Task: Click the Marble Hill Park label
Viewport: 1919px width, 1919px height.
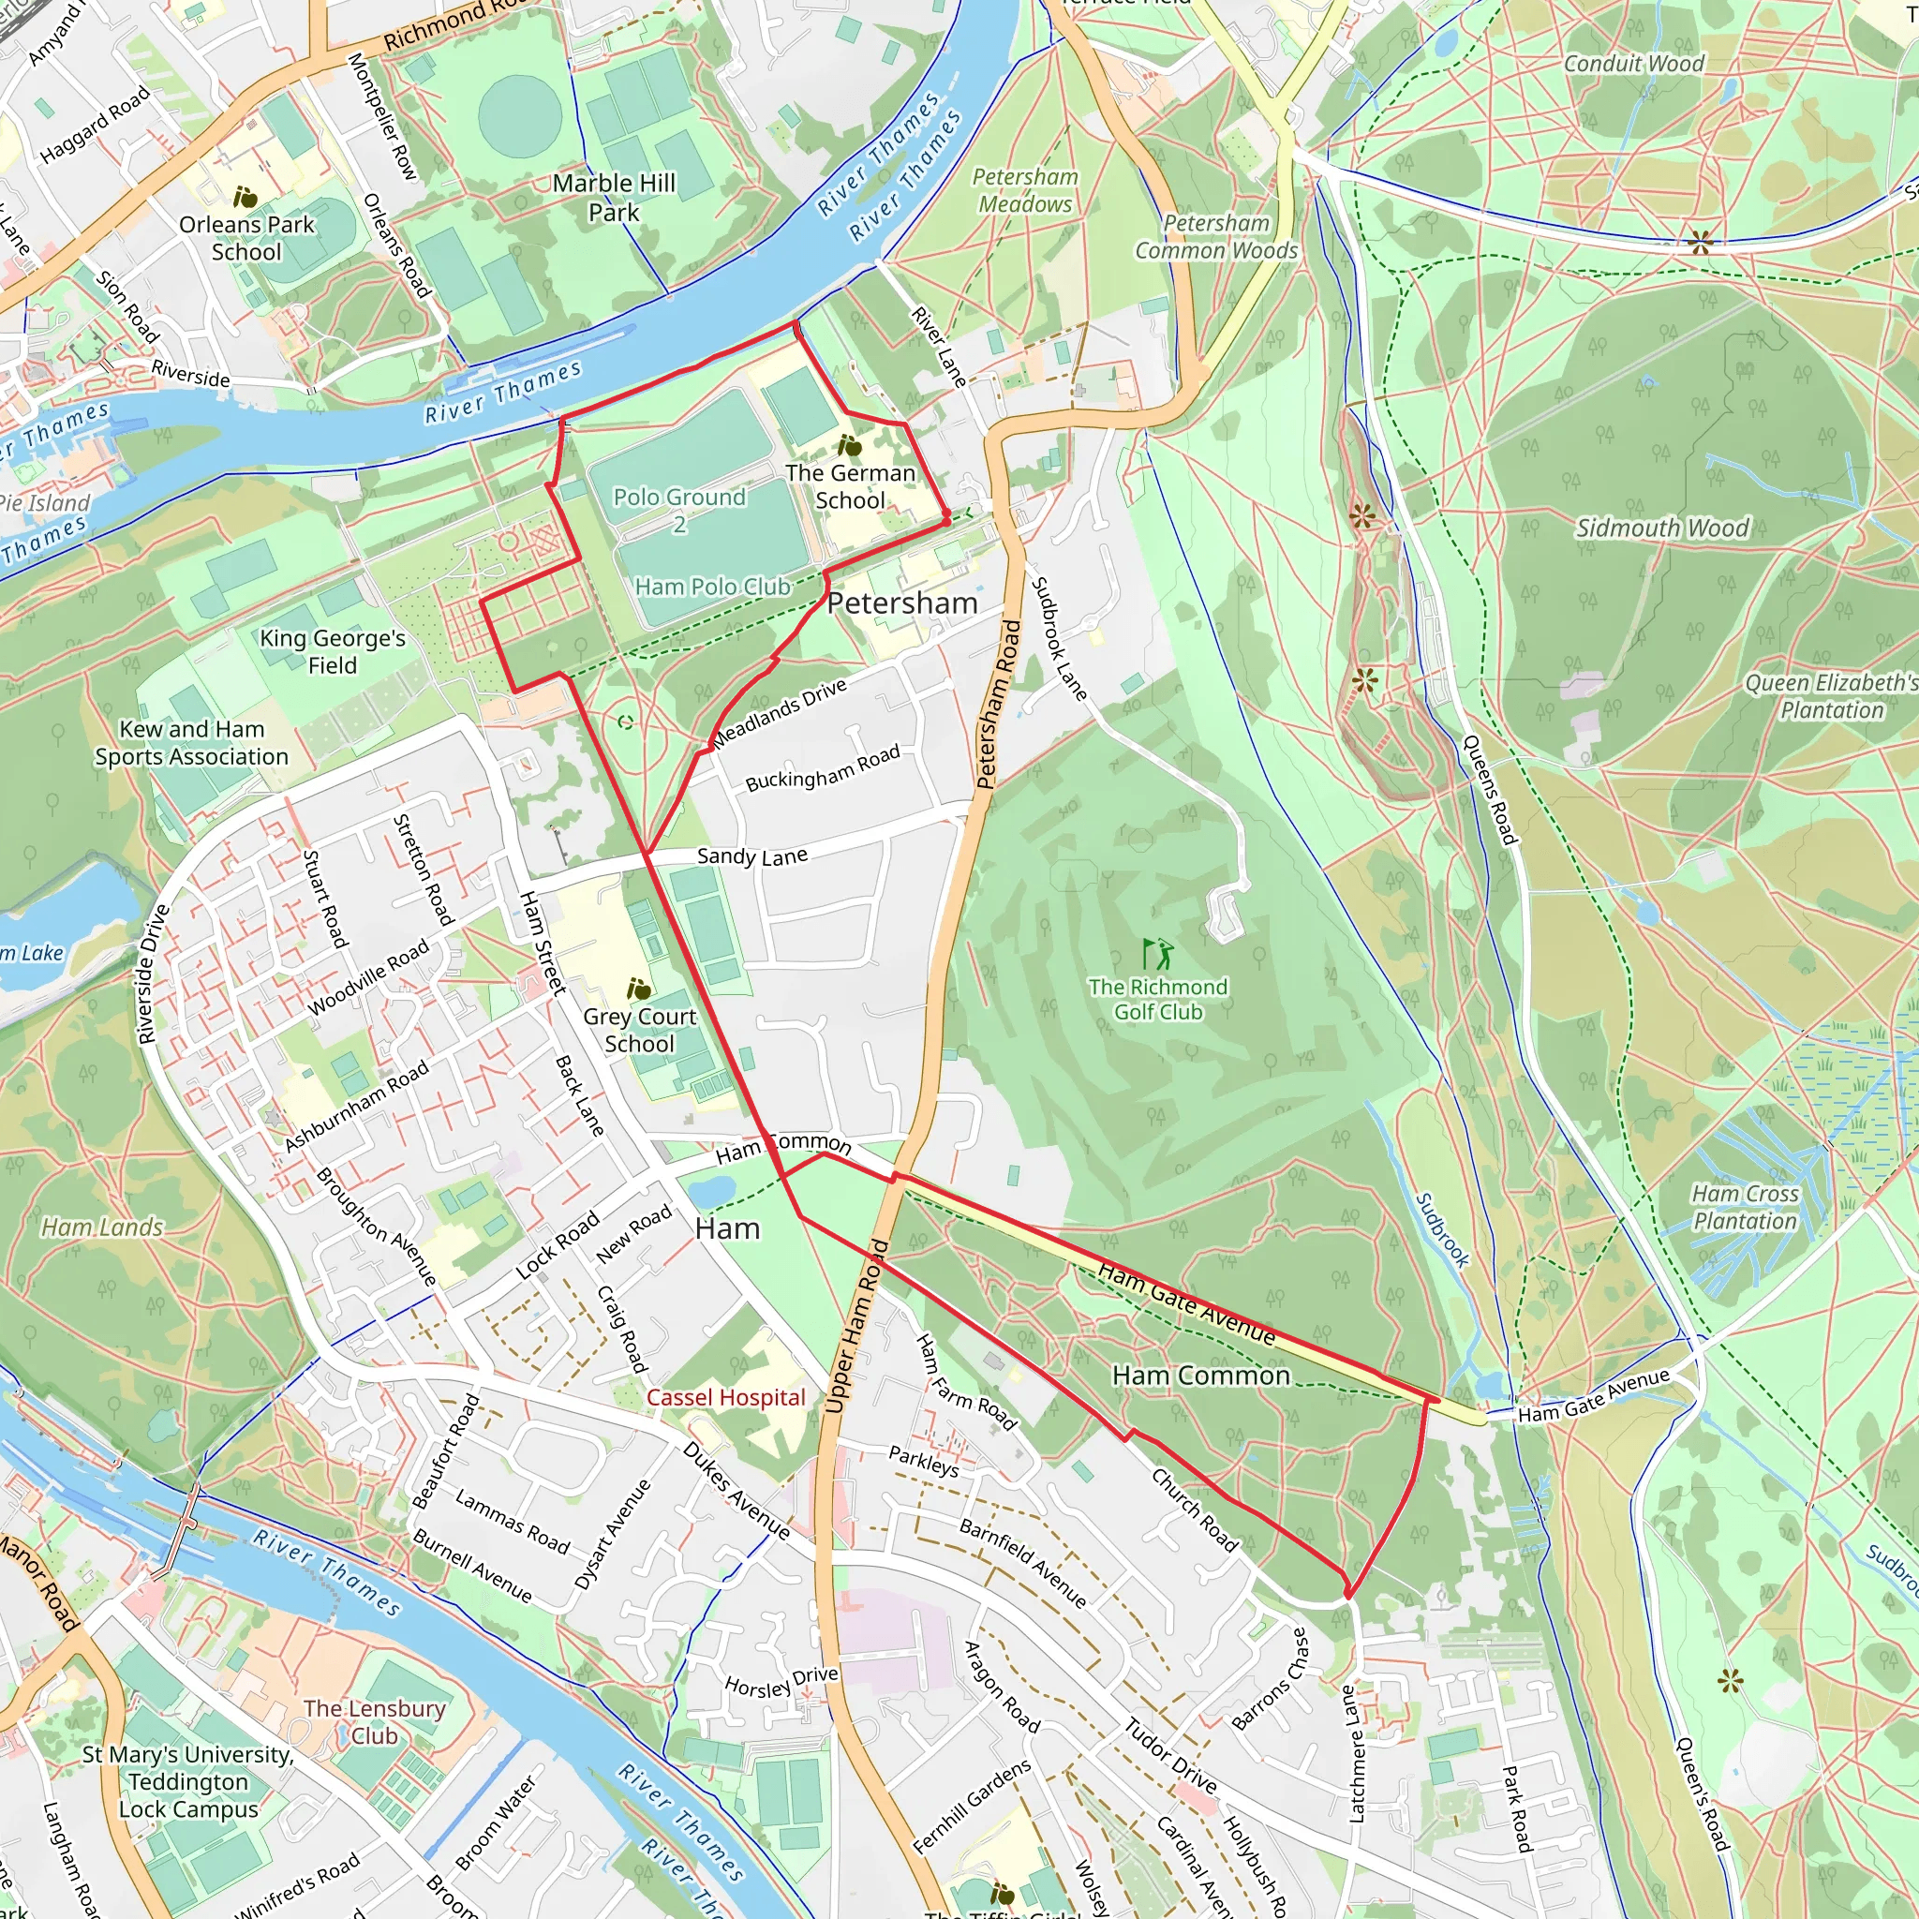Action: [614, 198]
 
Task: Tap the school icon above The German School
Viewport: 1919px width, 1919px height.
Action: [849, 445]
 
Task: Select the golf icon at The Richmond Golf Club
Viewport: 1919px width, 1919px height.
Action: [1157, 955]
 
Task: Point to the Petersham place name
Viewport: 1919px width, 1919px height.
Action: [902, 602]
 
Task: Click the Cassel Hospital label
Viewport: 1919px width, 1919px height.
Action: [726, 1397]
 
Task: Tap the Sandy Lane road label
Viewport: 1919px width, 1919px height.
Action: [751, 856]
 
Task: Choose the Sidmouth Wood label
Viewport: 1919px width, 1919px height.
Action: [1661, 528]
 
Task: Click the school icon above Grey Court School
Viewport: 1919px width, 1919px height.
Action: [639, 989]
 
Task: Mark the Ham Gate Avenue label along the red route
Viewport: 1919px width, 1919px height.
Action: [1186, 1302]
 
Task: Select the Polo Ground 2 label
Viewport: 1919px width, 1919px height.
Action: [679, 510]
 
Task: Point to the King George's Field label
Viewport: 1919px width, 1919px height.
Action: [333, 651]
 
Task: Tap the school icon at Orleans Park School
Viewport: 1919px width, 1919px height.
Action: [245, 197]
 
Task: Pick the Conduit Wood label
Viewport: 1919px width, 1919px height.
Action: [1634, 64]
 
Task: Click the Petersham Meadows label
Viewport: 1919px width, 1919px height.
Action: [1025, 189]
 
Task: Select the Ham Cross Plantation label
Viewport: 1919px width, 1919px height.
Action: [1745, 1207]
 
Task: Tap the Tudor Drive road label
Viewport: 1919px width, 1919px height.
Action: [1171, 1754]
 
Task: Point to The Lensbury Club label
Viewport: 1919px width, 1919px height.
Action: [375, 1721]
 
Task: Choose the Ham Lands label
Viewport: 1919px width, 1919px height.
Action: [102, 1227]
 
